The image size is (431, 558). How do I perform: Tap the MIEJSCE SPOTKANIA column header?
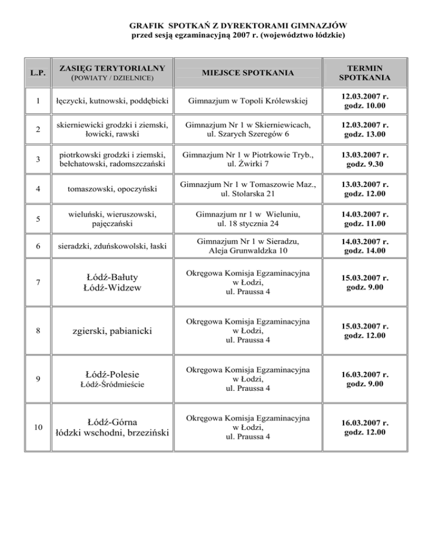click(243, 74)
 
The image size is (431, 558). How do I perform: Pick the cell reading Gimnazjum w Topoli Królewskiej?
click(243, 101)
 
